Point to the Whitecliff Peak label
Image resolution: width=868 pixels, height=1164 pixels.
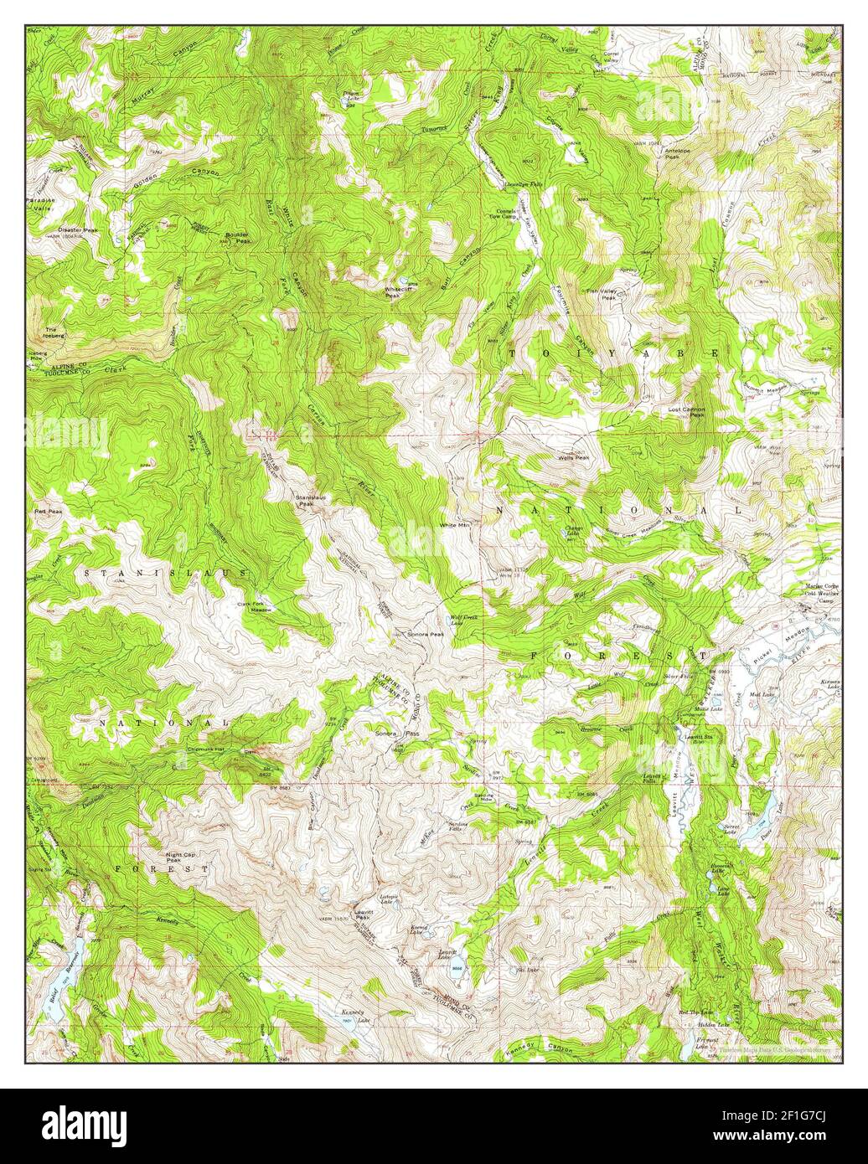(397, 292)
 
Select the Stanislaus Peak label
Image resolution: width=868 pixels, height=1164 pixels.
(304, 501)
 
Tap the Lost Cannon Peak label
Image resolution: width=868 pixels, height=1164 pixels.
(685, 412)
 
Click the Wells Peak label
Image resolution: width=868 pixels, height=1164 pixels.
(575, 457)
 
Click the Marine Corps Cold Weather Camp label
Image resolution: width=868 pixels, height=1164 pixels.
(811, 592)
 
